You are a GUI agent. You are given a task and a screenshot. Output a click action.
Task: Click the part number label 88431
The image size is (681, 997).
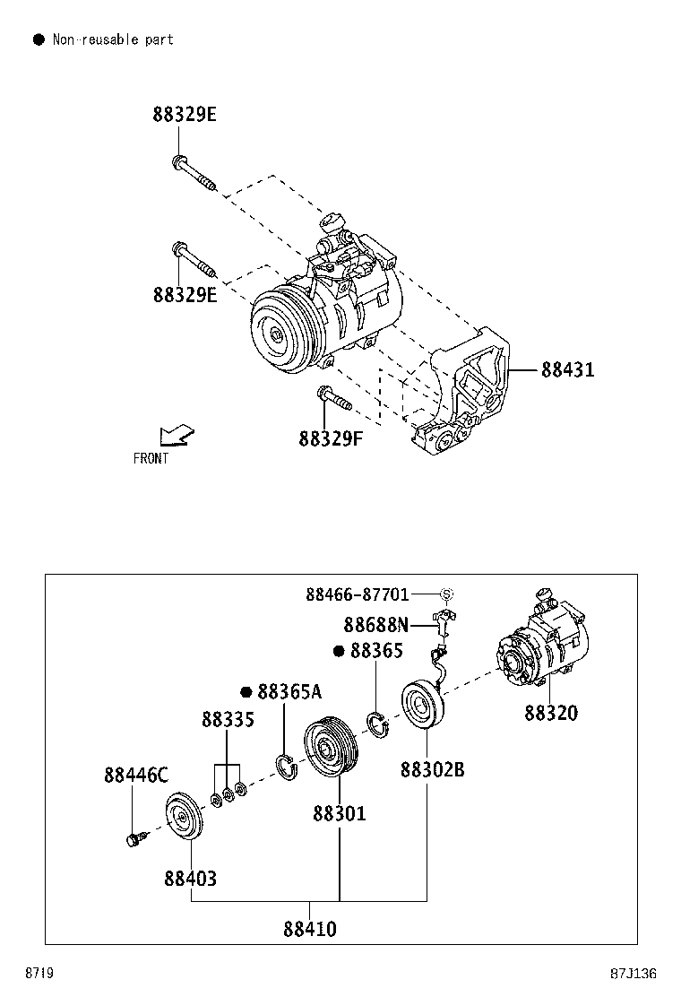click(567, 370)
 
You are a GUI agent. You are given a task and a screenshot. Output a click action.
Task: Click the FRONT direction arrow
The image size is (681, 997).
click(176, 436)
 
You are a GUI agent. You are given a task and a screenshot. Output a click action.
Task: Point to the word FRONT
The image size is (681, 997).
click(151, 459)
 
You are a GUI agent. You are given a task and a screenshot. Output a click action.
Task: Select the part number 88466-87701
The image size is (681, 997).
click(357, 594)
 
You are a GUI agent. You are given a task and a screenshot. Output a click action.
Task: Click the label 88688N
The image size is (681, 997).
click(375, 625)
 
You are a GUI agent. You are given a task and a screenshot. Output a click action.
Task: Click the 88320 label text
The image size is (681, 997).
click(551, 713)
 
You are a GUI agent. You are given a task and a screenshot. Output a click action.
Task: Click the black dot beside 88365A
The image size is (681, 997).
click(246, 692)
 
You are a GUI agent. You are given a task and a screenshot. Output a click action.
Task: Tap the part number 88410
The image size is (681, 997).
click(310, 930)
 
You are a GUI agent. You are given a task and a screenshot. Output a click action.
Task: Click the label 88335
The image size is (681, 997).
click(228, 720)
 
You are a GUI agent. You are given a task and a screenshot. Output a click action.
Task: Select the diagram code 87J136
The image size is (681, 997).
click(634, 974)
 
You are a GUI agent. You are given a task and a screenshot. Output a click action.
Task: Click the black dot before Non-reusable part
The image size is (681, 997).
click(38, 39)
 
